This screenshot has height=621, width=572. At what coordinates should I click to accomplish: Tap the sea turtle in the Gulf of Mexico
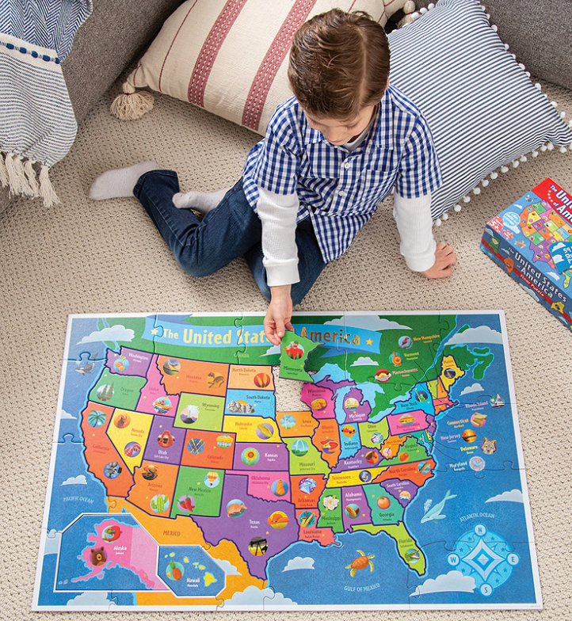point(359,564)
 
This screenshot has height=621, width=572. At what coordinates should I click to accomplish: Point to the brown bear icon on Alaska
point(97,556)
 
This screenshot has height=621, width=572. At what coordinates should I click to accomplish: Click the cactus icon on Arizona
point(158,502)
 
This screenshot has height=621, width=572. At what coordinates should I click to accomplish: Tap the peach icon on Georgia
point(383,502)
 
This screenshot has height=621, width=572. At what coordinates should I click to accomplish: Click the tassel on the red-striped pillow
point(132,104)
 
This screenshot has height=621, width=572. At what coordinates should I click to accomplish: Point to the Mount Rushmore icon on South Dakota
point(240,406)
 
